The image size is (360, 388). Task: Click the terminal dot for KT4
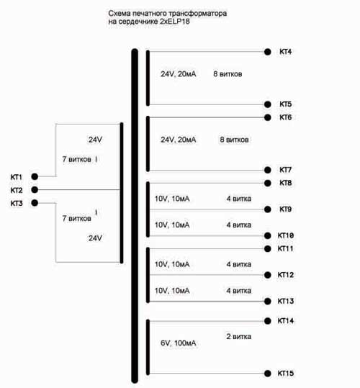tap(267, 52)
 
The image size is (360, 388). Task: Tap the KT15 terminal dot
tap(267, 373)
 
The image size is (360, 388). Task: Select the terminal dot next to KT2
tap(35, 190)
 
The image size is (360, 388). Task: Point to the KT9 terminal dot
tap(267, 209)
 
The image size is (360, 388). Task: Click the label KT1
tap(17, 177)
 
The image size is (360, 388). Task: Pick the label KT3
tap(17, 204)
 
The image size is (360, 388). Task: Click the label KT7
tap(286, 170)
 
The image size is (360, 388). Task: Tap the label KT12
tap(286, 275)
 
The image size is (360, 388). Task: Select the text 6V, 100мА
tap(178, 343)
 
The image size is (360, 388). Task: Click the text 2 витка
tap(239, 337)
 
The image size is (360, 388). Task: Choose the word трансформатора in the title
tap(197, 14)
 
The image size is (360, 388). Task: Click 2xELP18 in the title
tap(175, 22)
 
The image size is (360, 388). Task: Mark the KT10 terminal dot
tap(267, 235)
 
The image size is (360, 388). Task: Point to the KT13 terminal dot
tap(267, 301)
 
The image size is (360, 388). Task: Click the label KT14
tap(286, 321)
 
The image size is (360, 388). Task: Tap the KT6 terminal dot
tap(267, 117)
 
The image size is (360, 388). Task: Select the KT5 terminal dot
tap(267, 104)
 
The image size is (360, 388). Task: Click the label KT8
tap(286, 183)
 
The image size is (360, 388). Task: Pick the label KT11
tap(286, 248)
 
